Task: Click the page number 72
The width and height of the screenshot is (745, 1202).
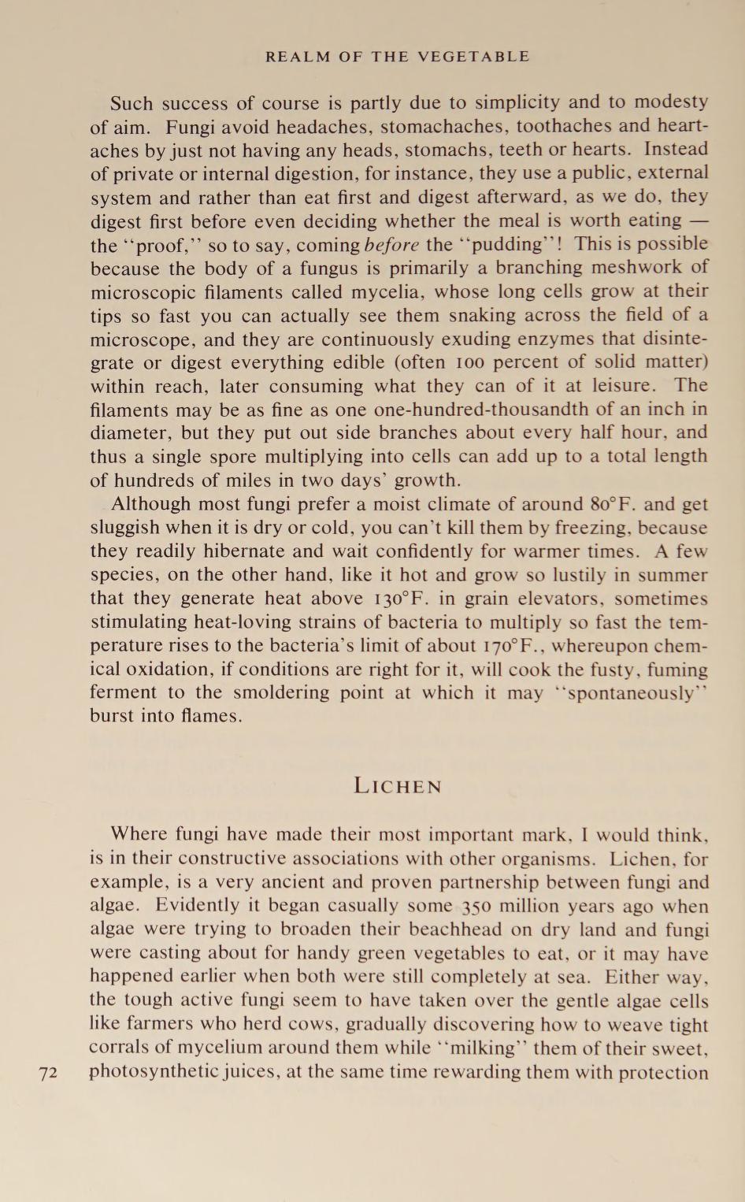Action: (x=49, y=1073)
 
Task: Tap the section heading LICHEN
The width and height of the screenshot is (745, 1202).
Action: (x=398, y=786)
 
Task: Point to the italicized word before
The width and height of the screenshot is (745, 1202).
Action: (x=391, y=244)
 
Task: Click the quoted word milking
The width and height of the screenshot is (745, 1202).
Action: (x=474, y=1048)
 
